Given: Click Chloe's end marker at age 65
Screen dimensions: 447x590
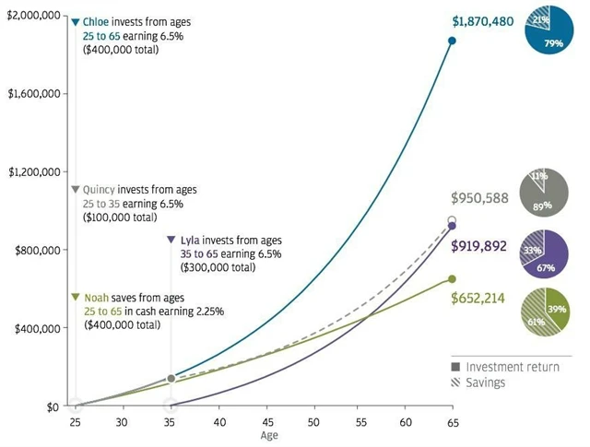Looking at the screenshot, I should pos(452,41).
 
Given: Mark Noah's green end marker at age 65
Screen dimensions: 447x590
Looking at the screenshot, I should pos(452,279).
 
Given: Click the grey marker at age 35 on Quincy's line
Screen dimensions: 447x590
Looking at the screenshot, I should pos(171,379).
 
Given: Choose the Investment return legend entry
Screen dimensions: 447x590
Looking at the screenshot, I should pos(512,367).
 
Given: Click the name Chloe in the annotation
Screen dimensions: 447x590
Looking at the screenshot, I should pos(96,20).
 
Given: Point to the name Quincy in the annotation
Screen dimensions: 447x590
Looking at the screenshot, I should pos(101,190).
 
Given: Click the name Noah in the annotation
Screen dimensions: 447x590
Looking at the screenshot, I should pos(97,298).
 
